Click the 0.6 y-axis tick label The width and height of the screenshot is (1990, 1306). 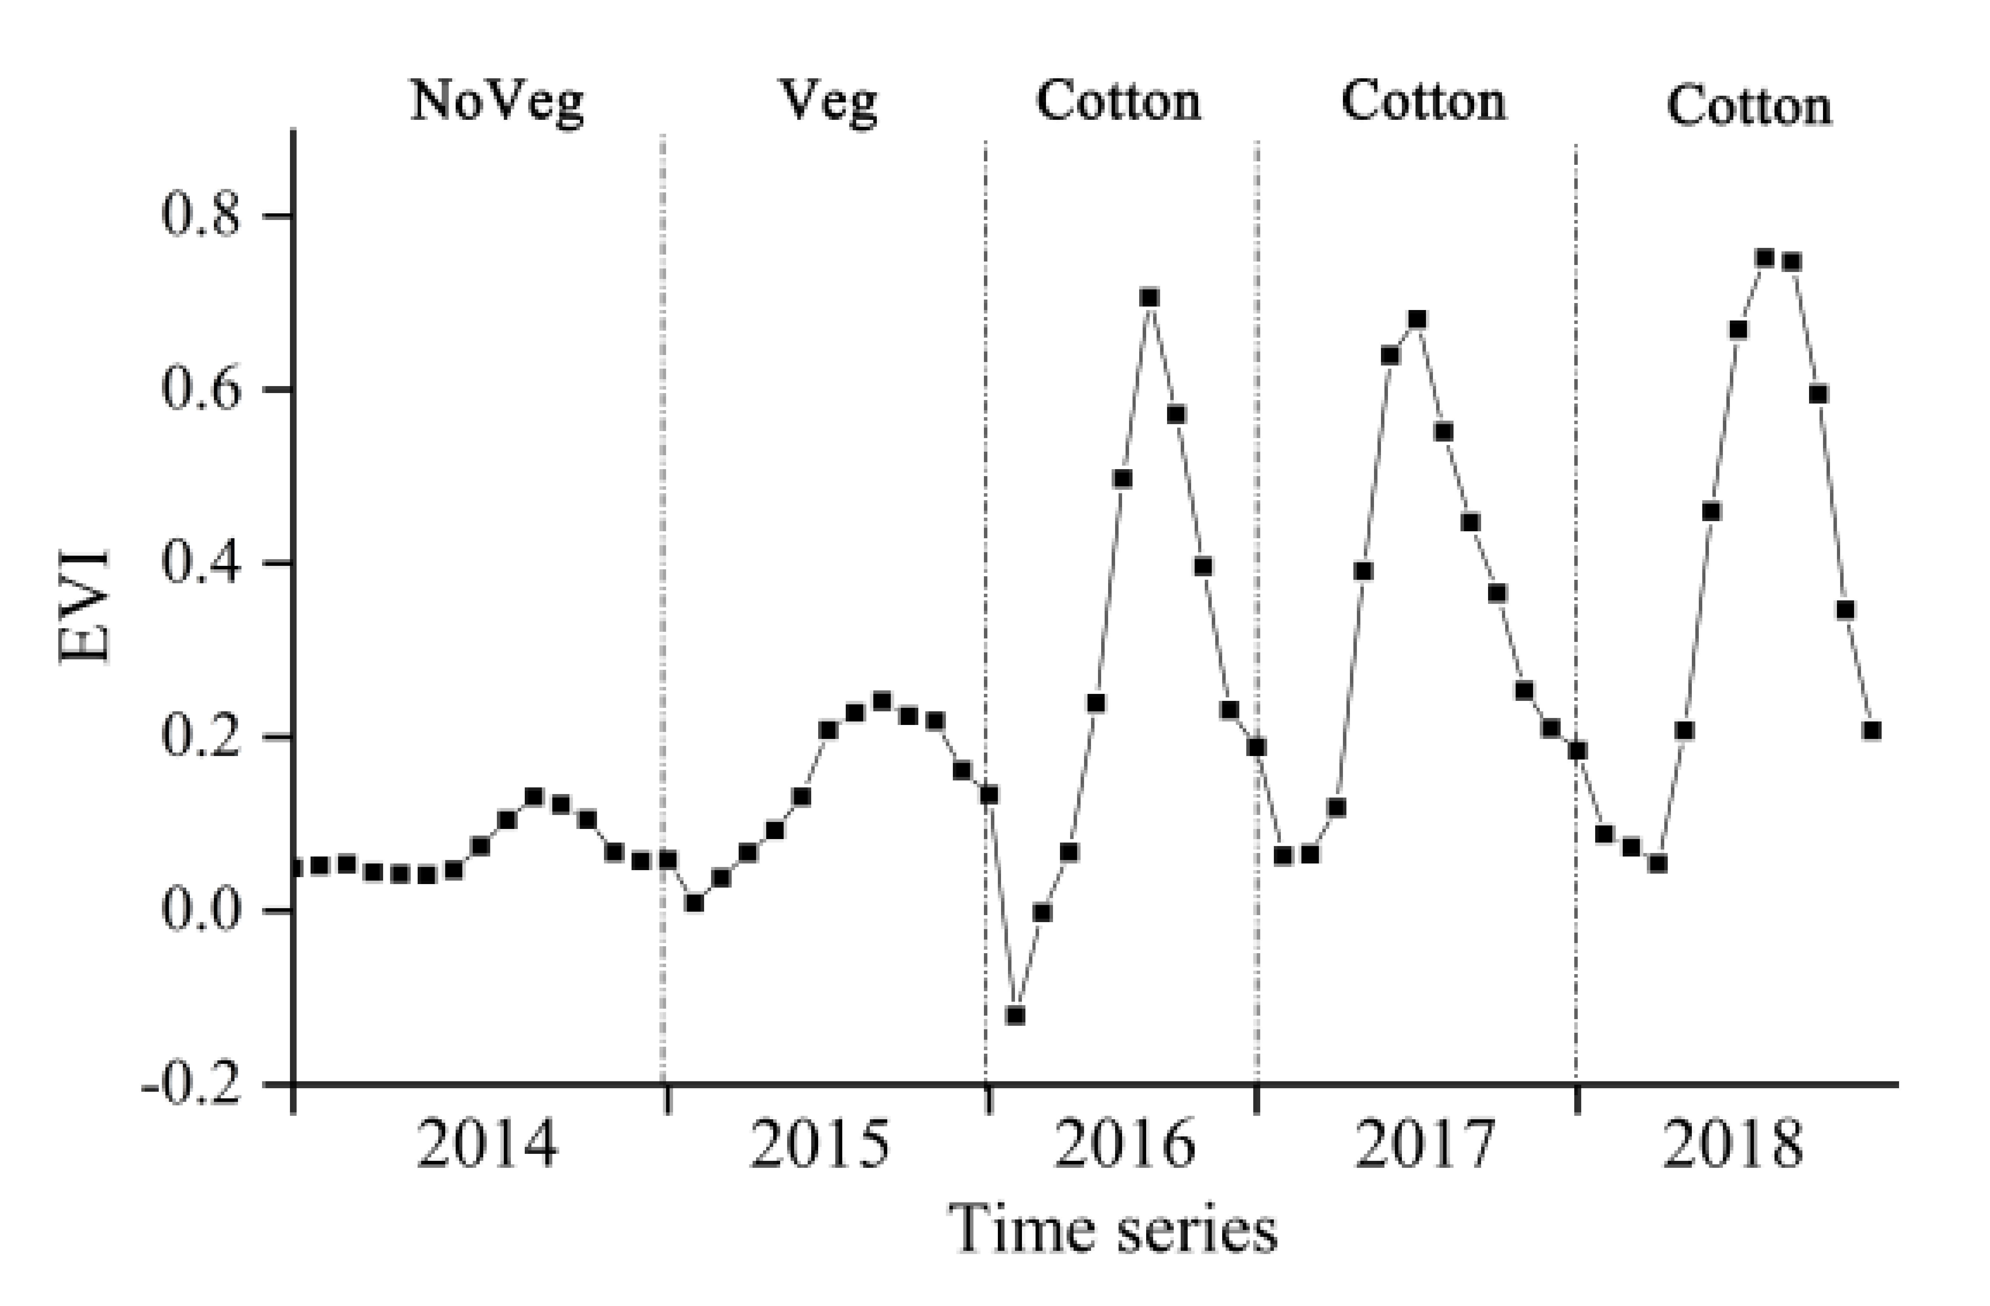(x=201, y=389)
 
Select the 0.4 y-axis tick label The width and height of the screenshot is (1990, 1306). (x=201, y=562)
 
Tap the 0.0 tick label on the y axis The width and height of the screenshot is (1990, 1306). (x=201, y=910)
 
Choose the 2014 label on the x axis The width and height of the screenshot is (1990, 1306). (x=487, y=1145)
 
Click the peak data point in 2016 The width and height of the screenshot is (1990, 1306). (x=1150, y=298)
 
